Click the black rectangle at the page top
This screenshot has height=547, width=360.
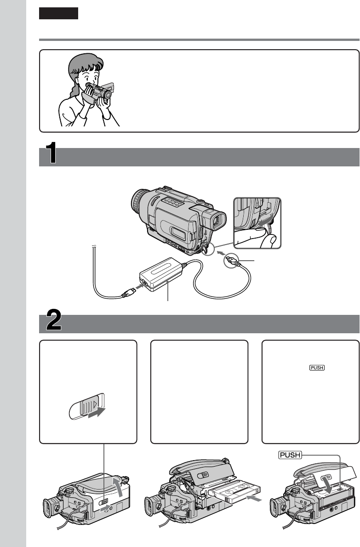pyautogui.click(x=58, y=13)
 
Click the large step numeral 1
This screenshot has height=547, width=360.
pyautogui.click(x=51, y=152)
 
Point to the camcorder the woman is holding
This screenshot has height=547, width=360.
pyautogui.click(x=99, y=91)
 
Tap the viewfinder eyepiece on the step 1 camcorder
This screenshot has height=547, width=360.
pyautogui.click(x=217, y=221)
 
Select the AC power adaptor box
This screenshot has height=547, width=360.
pyautogui.click(x=161, y=274)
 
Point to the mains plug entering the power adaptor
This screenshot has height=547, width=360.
pyautogui.click(x=129, y=292)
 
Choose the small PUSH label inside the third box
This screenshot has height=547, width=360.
pyautogui.click(x=317, y=367)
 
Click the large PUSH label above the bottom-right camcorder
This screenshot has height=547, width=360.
pyautogui.click(x=290, y=455)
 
